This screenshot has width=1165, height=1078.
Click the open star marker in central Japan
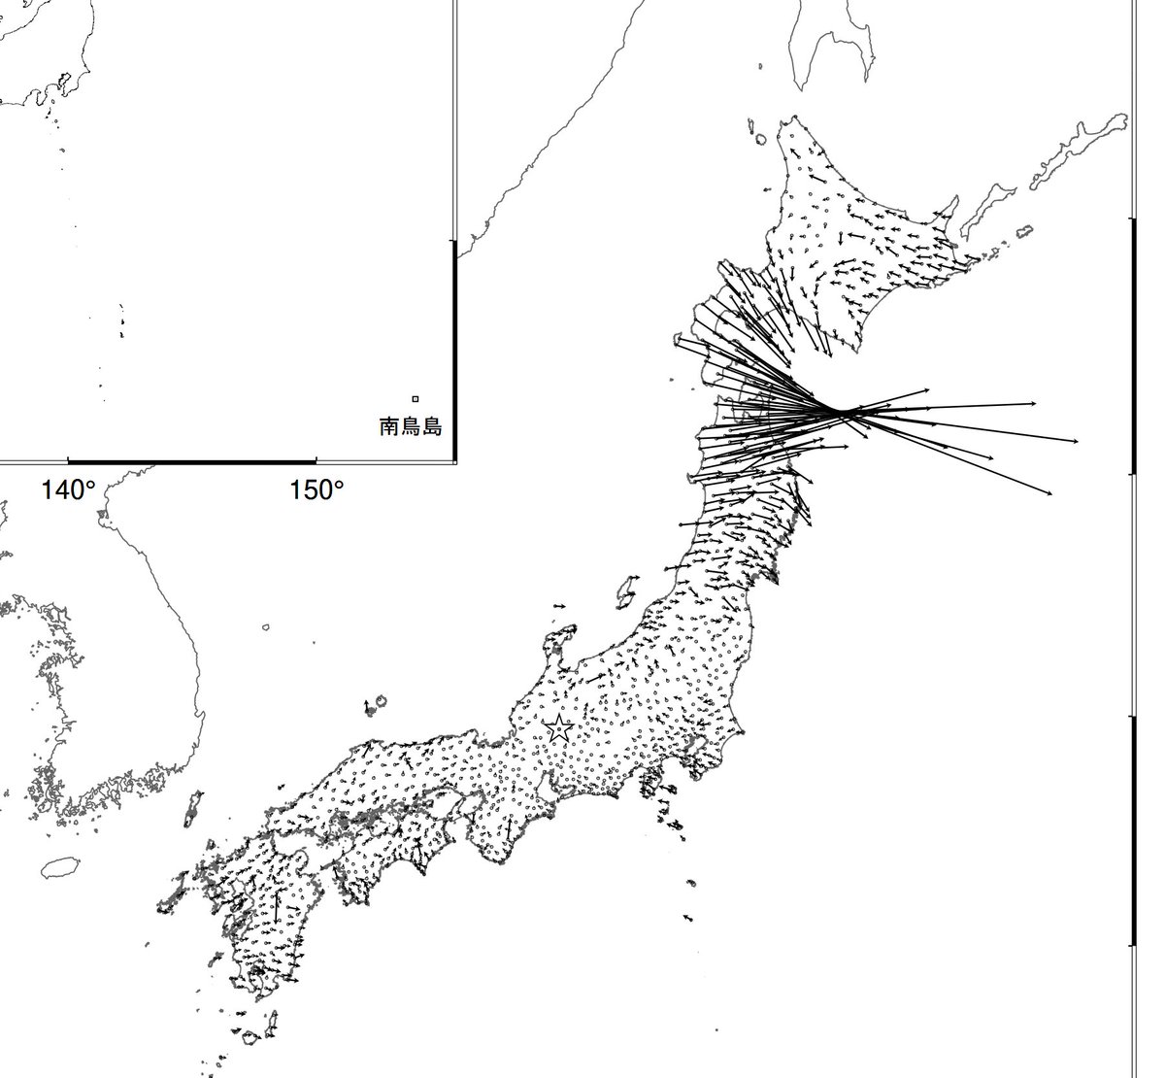pyautogui.click(x=559, y=729)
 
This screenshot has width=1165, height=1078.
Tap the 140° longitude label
pyautogui.click(x=67, y=490)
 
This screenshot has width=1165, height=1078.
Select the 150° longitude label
pyautogui.click(x=316, y=490)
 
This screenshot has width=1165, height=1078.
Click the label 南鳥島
pyautogui.click(x=410, y=425)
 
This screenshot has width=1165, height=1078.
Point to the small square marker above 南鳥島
pyautogui.click(x=415, y=398)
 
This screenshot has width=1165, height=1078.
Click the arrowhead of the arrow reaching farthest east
pyautogui.click(x=1077, y=442)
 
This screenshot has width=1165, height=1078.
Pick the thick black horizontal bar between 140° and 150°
pyautogui.click(x=192, y=460)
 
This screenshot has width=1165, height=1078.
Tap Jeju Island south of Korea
pyautogui.click(x=60, y=866)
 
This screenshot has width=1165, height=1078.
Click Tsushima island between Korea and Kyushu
pyautogui.click(x=193, y=806)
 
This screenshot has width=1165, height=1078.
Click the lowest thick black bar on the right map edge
pyautogui.click(x=1132, y=830)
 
